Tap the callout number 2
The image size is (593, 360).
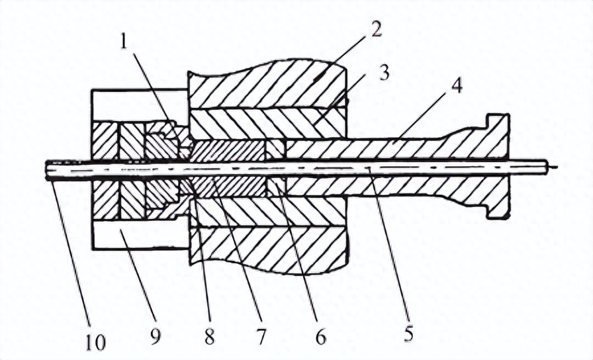(375, 28)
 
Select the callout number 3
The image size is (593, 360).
(385, 72)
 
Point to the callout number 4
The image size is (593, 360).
(457, 87)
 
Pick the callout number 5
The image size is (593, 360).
(409, 332)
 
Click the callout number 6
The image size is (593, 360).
(320, 336)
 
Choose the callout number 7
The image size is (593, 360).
(261, 336)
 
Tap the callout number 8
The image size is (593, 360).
(210, 336)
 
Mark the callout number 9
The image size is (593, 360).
(156, 336)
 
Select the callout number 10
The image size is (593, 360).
(96, 342)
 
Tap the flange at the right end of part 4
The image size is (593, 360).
(498, 165)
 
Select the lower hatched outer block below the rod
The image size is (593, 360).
(268, 249)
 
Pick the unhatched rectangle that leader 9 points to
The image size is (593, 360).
(140, 234)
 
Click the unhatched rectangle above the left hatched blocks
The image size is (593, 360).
(140, 105)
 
